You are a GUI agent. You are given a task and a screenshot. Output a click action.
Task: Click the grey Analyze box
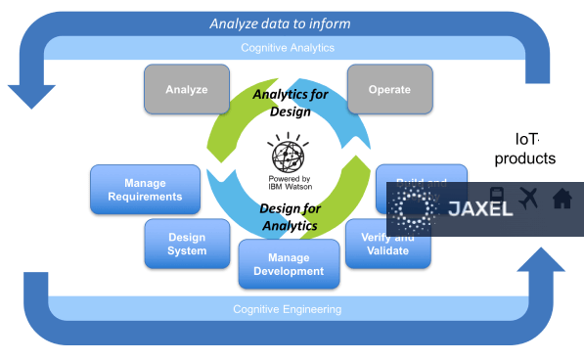point(186,89)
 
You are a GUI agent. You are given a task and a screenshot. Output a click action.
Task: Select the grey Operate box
point(389,89)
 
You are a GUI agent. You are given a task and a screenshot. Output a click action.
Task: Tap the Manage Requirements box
point(145,189)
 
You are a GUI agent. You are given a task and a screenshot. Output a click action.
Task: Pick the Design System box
point(187,244)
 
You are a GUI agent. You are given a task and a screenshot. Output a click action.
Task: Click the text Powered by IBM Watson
point(289,183)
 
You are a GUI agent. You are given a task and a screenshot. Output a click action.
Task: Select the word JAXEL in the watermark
point(480,208)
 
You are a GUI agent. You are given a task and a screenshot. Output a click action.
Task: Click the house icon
point(562,199)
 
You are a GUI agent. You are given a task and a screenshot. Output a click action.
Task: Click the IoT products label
point(525,149)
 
